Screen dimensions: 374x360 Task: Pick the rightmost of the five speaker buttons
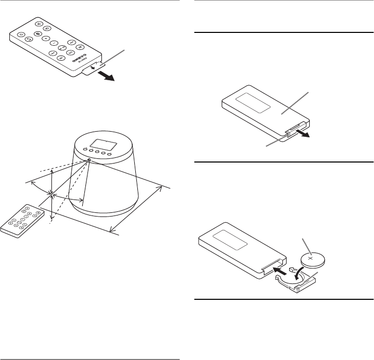click(110, 153)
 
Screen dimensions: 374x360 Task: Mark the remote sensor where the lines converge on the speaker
click(88, 160)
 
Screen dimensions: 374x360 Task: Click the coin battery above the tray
click(314, 256)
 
